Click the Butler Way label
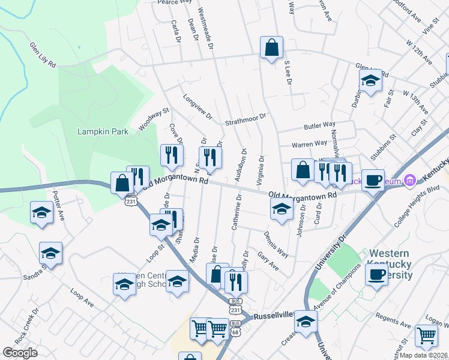pyautogui.click(x=319, y=125)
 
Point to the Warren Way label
pyautogui.click(x=309, y=145)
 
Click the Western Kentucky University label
pyautogui.click(x=391, y=264)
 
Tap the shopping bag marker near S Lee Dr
pyautogui.click(x=271, y=47)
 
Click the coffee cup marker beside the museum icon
pyautogui.click(x=373, y=179)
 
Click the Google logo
pyautogui.click(x=20, y=353)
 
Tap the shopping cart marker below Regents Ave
pyautogui.click(x=426, y=336)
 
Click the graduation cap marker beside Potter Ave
pyautogui.click(x=41, y=212)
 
